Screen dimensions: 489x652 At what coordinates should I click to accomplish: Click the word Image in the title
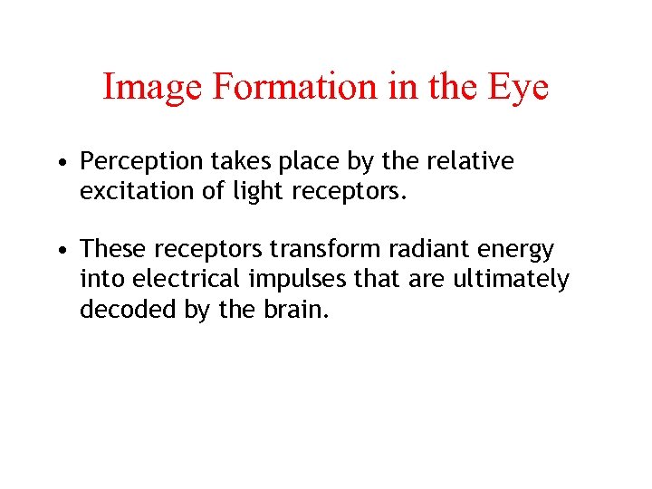(x=152, y=87)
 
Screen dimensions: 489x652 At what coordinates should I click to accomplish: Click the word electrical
(x=176, y=280)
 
